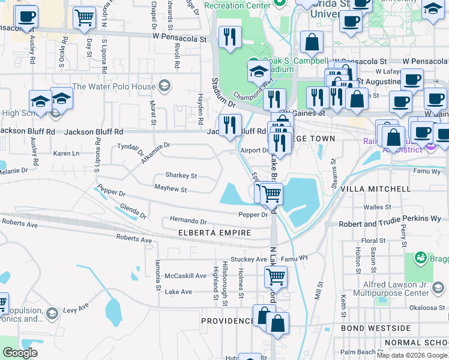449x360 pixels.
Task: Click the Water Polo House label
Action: [x=114, y=86]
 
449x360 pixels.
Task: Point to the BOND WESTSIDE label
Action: [x=376, y=328]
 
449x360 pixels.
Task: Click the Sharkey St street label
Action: [x=181, y=176]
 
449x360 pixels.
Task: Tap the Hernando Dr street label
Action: [x=188, y=221]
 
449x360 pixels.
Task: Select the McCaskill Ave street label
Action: [x=186, y=276]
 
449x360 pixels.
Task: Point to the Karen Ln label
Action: [x=66, y=154]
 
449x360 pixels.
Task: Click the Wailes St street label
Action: [x=378, y=207]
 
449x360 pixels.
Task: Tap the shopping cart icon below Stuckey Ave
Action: [x=276, y=276]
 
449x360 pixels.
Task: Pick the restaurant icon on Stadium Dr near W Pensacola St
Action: [x=230, y=37]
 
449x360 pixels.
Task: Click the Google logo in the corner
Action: [x=20, y=353]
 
